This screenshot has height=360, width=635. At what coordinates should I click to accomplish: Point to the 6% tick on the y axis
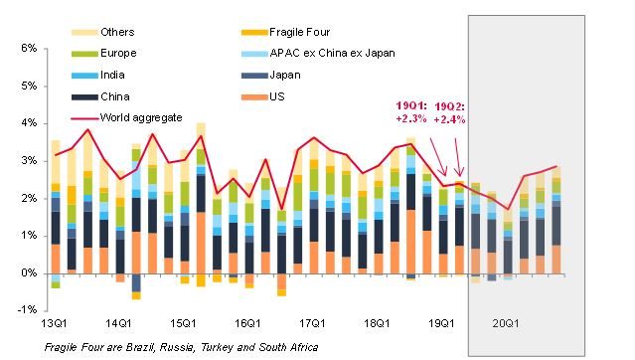point(28,48)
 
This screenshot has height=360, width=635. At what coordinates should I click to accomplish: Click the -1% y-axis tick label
point(27,310)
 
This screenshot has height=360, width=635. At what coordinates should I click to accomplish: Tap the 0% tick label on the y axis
point(28,272)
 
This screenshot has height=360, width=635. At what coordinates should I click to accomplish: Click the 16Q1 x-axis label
point(248,324)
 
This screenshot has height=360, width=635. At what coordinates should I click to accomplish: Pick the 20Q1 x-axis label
point(507,324)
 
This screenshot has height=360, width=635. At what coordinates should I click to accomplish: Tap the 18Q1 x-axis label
point(378,324)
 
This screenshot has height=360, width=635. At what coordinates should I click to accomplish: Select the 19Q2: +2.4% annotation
point(452,110)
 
